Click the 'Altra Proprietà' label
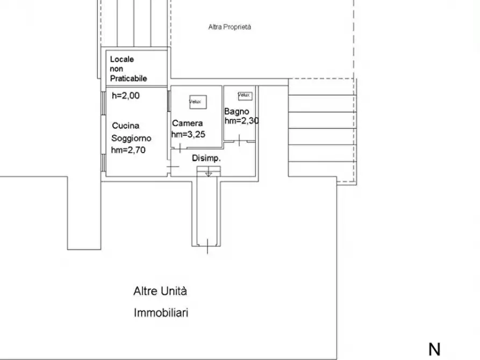[230, 27]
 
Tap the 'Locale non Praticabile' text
[128, 69]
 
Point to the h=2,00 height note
[125, 96]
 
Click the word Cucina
[125, 126]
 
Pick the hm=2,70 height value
[128, 150]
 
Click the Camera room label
[187, 124]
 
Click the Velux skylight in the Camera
[197, 101]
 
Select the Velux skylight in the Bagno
[244, 95]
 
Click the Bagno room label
[237, 112]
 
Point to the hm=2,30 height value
[241, 121]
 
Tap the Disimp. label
[207, 159]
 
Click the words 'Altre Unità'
[160, 292]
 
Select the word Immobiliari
[161, 313]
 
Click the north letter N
[434, 349]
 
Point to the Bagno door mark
[240, 141]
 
